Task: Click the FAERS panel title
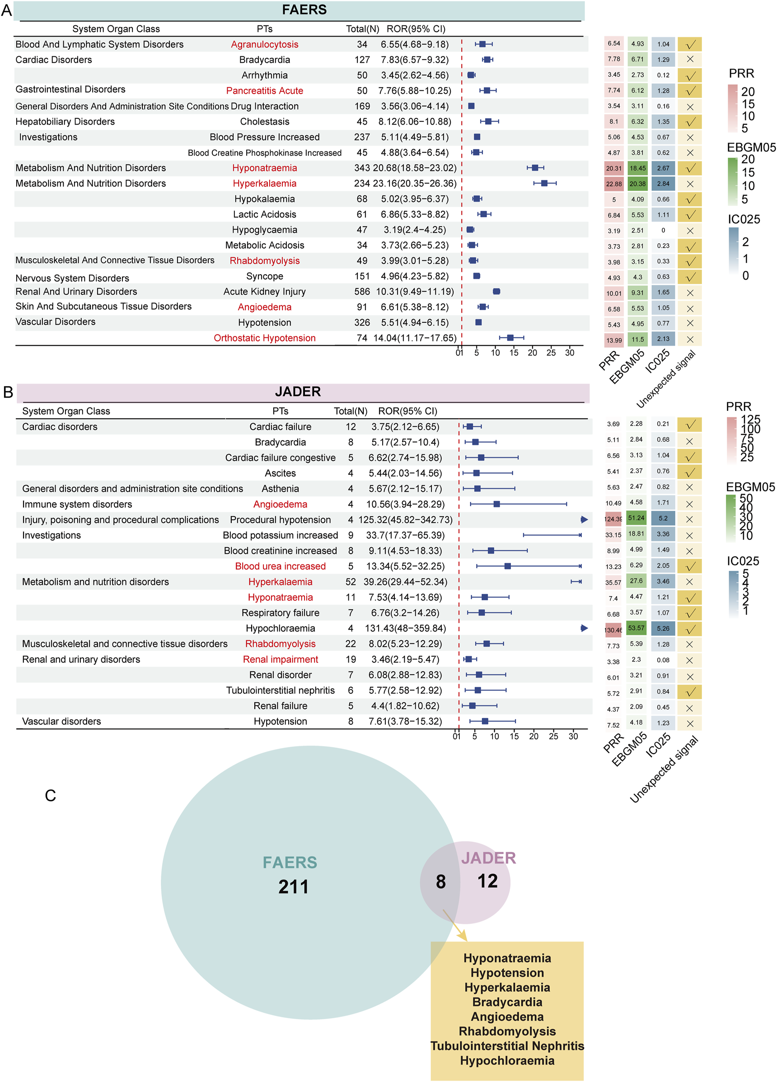(304, 9)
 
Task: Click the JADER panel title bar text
(297, 392)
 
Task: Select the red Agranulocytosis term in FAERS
(264, 44)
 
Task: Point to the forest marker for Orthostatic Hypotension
(510, 338)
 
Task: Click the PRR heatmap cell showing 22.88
(614, 184)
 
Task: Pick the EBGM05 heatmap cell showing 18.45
(637, 168)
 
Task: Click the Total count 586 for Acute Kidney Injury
(362, 291)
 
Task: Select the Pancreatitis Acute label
(264, 91)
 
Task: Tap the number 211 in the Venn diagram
(293, 887)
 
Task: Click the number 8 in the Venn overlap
(440, 881)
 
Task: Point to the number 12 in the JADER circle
(487, 881)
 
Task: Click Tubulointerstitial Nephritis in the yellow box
(507, 1046)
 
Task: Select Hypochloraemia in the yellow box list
(507, 1060)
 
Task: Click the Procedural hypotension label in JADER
(280, 519)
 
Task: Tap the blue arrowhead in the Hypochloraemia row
(584, 628)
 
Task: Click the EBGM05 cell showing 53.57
(636, 628)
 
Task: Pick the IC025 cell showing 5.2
(663, 518)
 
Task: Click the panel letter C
(50, 796)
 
